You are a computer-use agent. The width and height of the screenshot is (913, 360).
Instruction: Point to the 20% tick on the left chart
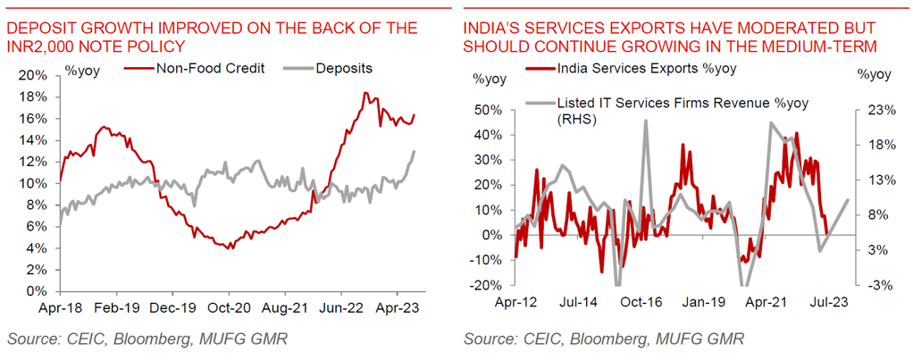pos(35,75)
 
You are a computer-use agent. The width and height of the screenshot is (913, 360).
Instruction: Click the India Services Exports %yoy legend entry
pos(639,68)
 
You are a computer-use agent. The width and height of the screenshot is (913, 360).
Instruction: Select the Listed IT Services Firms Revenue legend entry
pos(683,102)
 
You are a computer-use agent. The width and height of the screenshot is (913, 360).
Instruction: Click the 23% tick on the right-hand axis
pos(880,110)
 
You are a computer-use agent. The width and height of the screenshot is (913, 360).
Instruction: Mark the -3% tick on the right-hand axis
pos(880,285)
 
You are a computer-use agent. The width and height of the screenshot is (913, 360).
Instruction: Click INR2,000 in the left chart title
pos(43,46)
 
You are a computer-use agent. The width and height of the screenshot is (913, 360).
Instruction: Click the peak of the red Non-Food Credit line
pos(364,93)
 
